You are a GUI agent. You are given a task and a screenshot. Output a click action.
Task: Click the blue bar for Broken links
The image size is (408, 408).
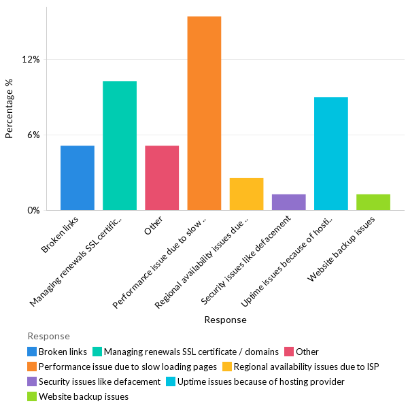click(x=78, y=177)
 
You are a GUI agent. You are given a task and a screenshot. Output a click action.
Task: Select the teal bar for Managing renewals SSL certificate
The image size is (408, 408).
click(x=120, y=146)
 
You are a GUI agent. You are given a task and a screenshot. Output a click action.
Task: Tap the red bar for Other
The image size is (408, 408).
click(x=162, y=177)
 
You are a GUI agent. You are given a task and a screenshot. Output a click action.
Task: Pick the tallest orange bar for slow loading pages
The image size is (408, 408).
click(x=204, y=113)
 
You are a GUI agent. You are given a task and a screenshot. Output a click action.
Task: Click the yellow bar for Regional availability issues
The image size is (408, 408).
click(x=246, y=194)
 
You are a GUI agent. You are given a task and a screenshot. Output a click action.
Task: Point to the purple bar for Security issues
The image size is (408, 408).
click(x=288, y=202)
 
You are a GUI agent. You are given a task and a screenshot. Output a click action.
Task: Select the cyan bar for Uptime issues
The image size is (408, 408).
click(x=331, y=154)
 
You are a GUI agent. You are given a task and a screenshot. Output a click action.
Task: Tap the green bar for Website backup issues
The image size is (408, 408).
click(x=373, y=202)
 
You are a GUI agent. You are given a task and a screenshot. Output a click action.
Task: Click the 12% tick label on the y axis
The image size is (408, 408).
click(x=31, y=59)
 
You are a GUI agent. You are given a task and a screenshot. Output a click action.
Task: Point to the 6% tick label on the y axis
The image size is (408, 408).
click(x=33, y=135)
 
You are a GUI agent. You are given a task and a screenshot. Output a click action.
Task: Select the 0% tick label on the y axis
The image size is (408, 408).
click(x=33, y=210)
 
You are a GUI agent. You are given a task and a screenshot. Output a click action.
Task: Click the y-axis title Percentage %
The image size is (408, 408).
click(x=10, y=109)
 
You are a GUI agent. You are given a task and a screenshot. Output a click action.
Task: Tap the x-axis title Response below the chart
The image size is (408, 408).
click(x=225, y=320)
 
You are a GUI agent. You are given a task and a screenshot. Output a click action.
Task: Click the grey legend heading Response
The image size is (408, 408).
click(x=48, y=336)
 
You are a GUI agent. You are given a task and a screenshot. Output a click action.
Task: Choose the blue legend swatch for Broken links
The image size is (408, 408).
click(x=32, y=352)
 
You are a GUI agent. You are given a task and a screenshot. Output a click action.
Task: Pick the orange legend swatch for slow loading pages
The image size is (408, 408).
click(x=32, y=367)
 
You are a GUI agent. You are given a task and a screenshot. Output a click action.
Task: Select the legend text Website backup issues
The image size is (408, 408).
click(x=84, y=396)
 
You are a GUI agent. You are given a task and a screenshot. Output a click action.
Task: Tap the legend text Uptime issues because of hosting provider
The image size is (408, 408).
click(x=261, y=381)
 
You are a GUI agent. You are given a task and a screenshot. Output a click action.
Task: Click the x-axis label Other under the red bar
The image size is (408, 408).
click(x=154, y=225)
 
